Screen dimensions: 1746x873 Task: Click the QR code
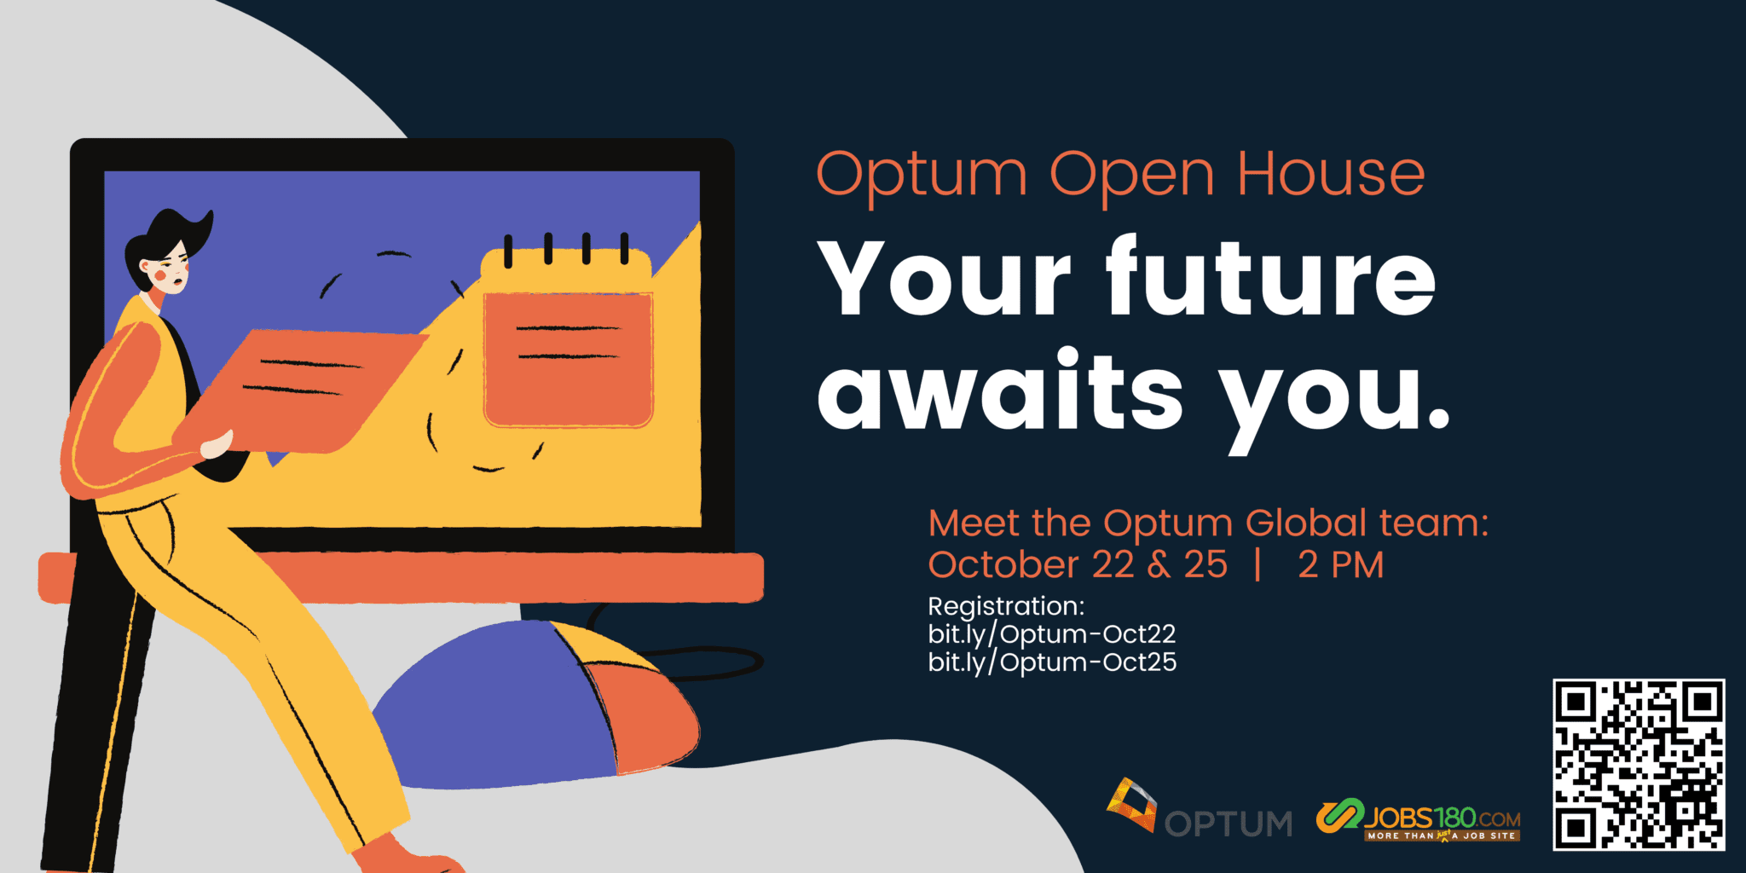[1639, 765]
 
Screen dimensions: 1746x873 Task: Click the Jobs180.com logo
[1418, 820]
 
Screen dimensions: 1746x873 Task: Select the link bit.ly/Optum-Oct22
[1052, 634]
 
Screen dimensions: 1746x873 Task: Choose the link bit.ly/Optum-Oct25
[1052, 662]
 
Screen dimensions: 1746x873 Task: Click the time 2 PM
[1340, 565]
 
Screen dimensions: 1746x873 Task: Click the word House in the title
[1331, 175]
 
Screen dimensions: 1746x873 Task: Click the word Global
[1306, 523]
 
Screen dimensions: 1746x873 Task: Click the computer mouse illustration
[537, 704]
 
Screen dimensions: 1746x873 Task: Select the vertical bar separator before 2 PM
[1258, 565]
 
